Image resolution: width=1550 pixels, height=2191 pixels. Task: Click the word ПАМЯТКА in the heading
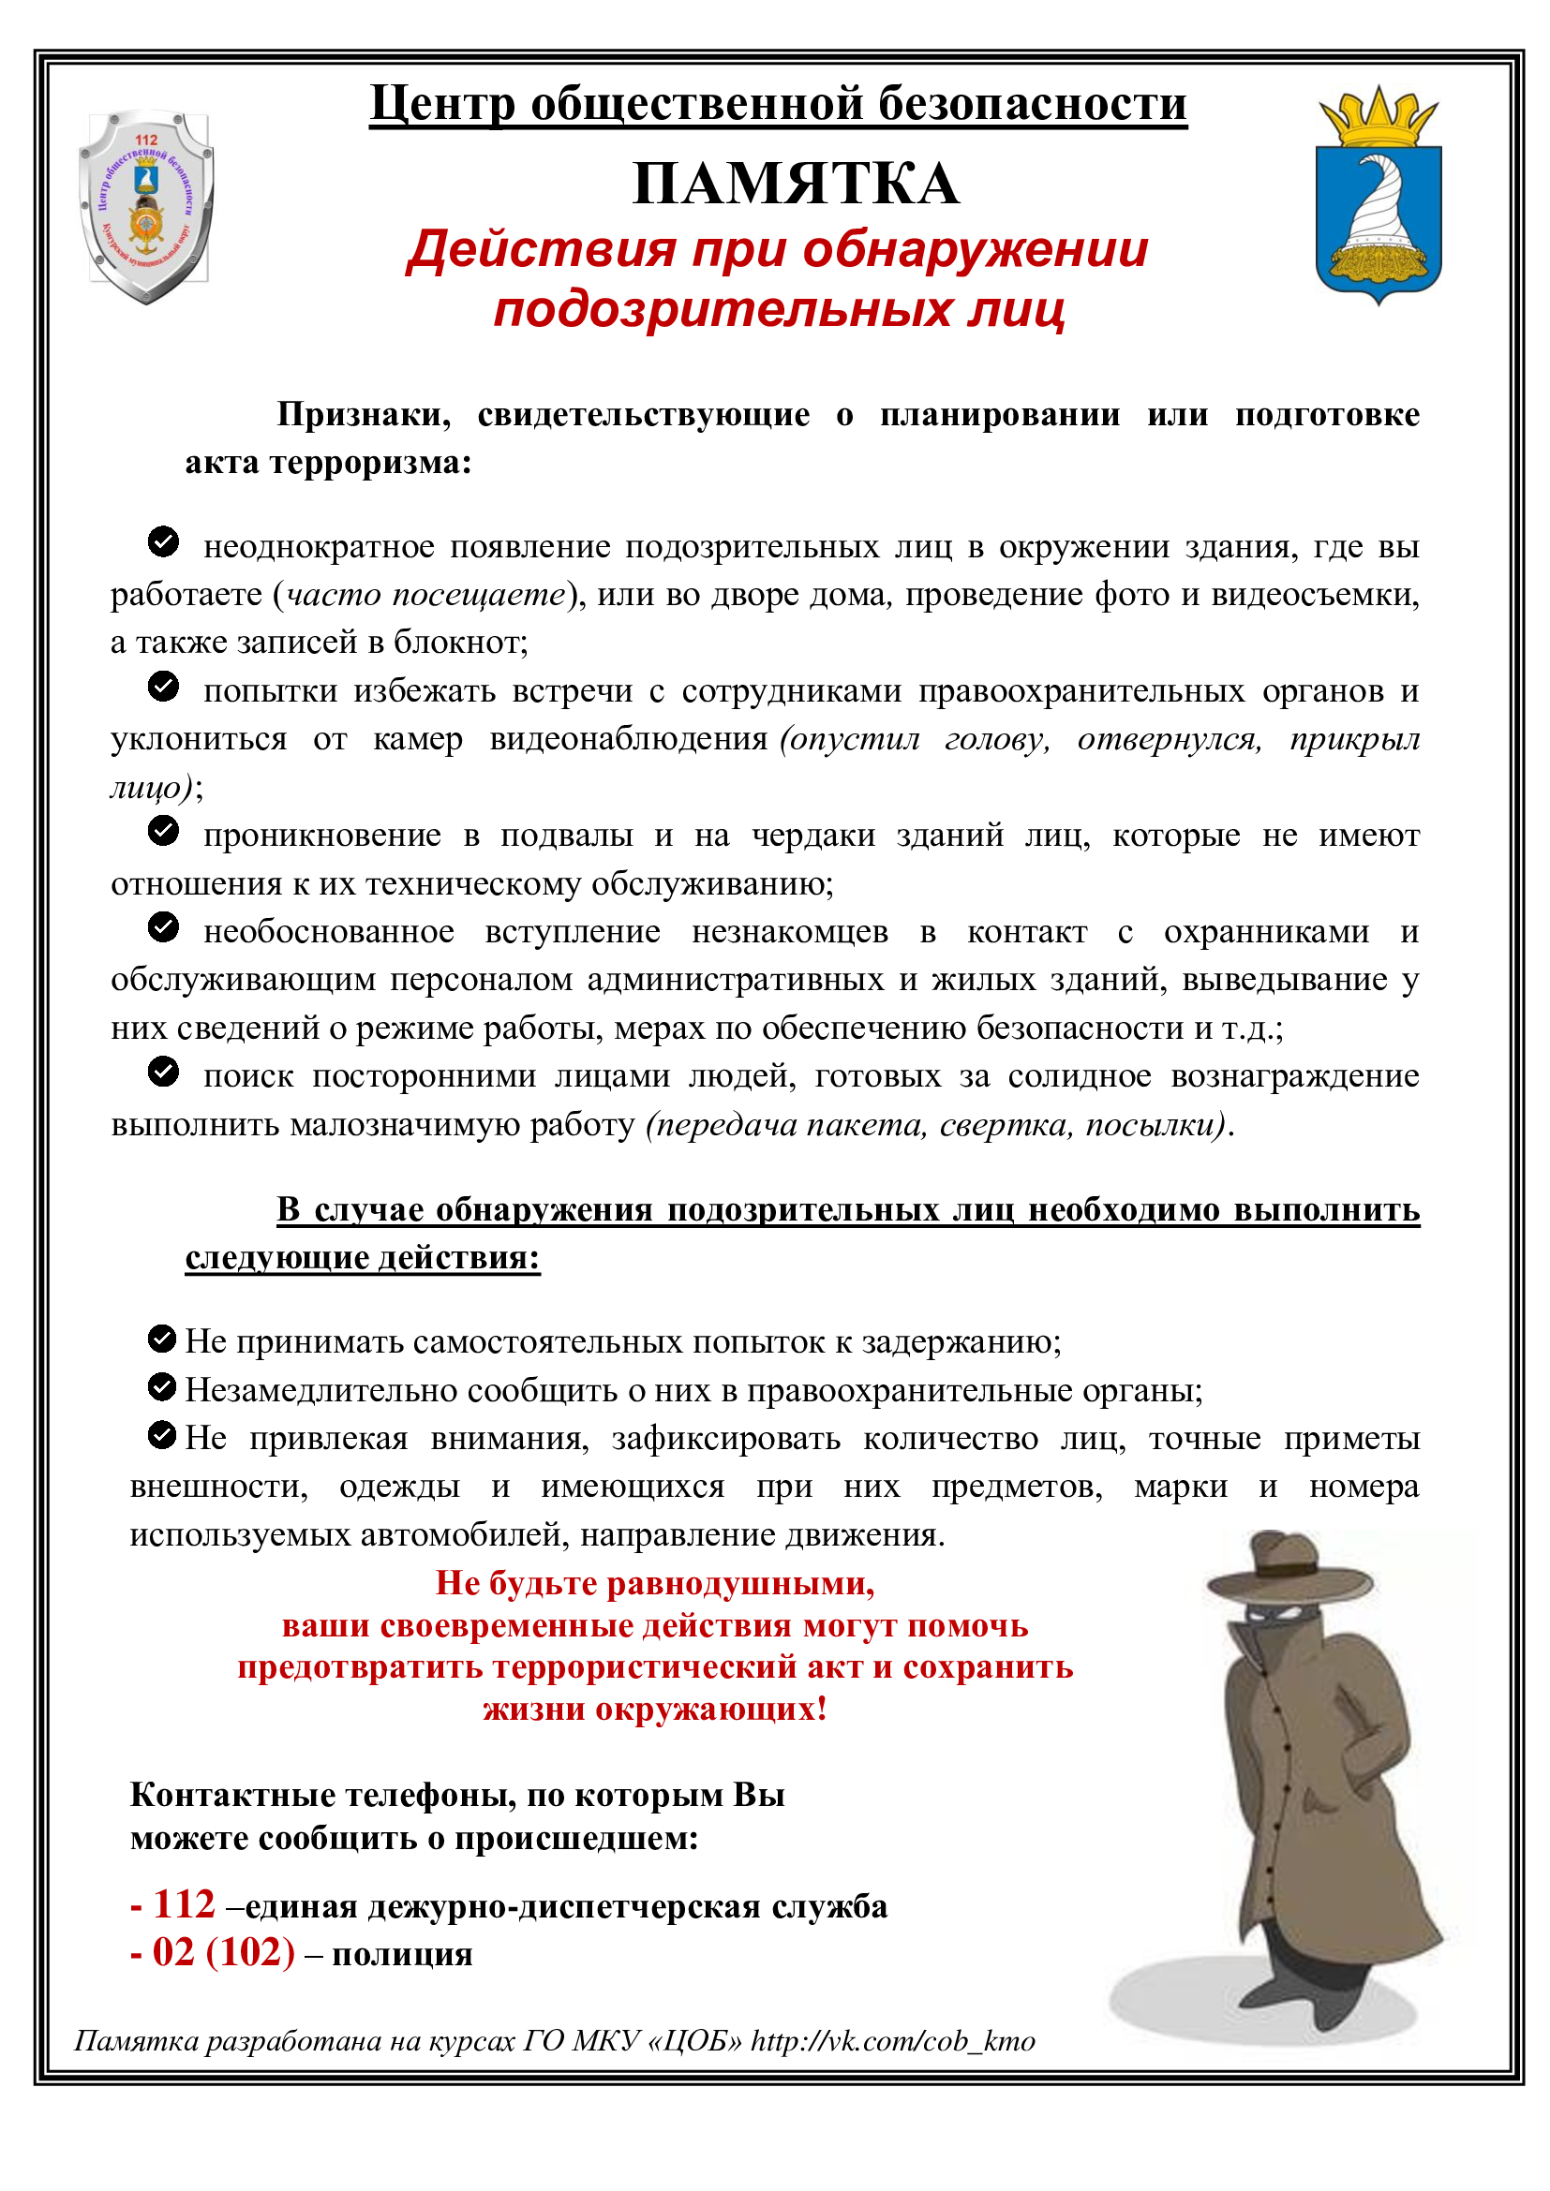pyautogui.click(x=795, y=184)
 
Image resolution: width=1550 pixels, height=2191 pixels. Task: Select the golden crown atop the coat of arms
pyautogui.click(x=1379, y=116)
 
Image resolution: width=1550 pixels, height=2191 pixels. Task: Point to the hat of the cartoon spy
pyautogui.click(x=1288, y=1567)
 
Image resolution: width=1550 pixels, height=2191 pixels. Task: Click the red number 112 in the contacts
pyautogui.click(x=185, y=1904)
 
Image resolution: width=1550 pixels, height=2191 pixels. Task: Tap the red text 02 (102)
pyautogui.click(x=223, y=1952)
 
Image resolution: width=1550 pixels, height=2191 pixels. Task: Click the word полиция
pyautogui.click(x=402, y=1954)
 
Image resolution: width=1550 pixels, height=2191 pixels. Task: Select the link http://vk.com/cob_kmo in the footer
pyautogui.click(x=892, y=2040)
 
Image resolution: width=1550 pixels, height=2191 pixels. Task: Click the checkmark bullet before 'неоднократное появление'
pyautogui.click(x=163, y=542)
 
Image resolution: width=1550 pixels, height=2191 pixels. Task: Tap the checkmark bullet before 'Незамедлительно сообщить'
pyautogui.click(x=162, y=1386)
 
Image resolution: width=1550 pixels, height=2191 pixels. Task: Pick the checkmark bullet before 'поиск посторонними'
pyautogui.click(x=163, y=1072)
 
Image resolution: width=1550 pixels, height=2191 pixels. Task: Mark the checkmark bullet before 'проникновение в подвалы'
pyautogui.click(x=163, y=831)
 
